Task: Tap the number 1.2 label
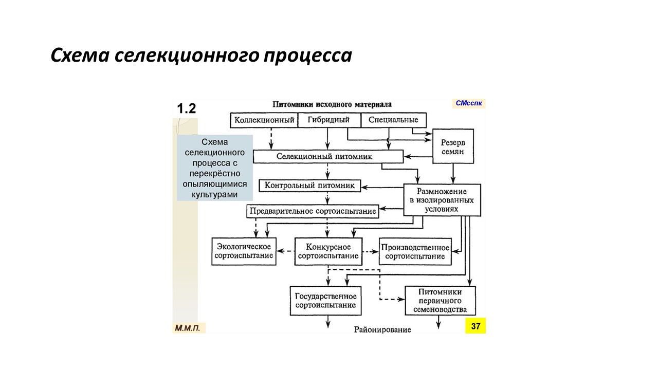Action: [x=186, y=108]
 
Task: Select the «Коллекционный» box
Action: [x=264, y=120]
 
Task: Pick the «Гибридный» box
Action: [x=330, y=120]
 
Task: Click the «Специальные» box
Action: [x=393, y=120]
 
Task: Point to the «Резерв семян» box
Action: [x=453, y=146]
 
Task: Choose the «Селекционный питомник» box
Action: [x=328, y=157]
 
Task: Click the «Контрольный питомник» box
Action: [x=310, y=186]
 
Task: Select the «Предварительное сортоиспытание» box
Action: [x=313, y=211]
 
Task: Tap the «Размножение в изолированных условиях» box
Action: [x=442, y=200]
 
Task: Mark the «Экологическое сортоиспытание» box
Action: [x=244, y=251]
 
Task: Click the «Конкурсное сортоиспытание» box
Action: [x=328, y=252]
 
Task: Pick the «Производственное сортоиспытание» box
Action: [x=415, y=252]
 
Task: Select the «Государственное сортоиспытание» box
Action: [x=325, y=301]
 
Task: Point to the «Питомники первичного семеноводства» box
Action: [x=440, y=301]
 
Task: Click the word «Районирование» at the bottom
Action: [x=382, y=329]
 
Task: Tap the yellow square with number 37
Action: [x=476, y=326]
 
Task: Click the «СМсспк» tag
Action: [x=468, y=103]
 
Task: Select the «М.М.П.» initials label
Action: [x=188, y=328]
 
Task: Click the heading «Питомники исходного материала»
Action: [x=332, y=104]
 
